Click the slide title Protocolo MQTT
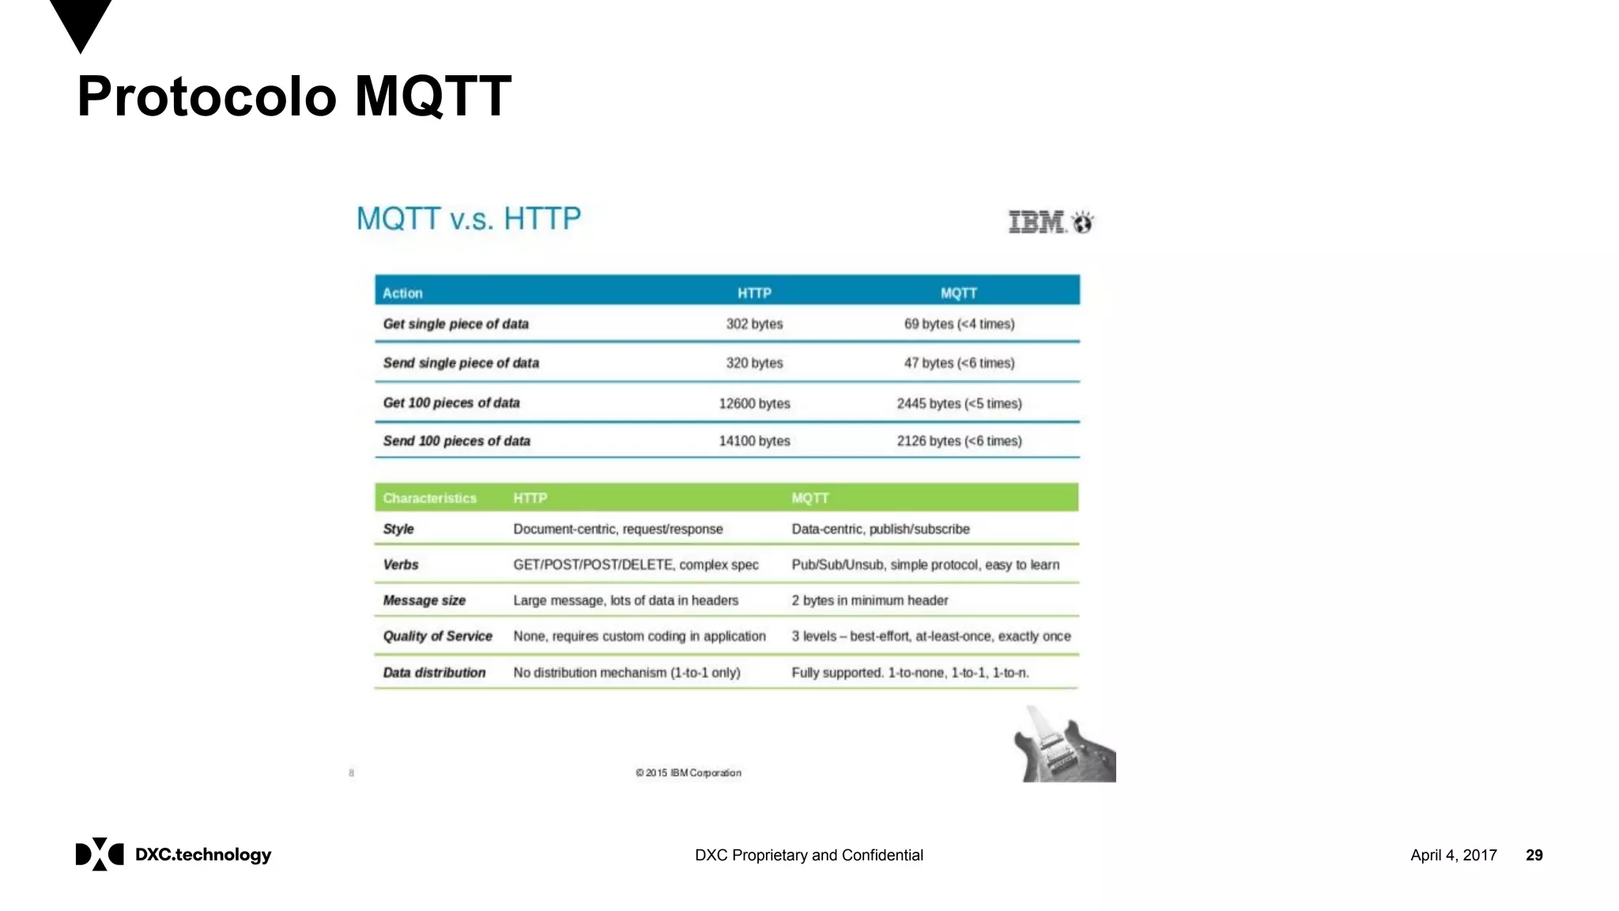294,96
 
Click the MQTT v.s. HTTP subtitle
468,218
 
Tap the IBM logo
1051,222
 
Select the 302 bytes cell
754,324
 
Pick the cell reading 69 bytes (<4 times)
959,324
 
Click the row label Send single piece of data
461,363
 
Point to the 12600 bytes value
754,403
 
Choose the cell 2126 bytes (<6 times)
959,441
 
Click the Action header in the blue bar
402,293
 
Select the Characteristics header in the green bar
429,498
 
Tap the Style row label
398,529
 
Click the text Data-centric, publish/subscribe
881,529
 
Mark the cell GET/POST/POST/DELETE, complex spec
636,565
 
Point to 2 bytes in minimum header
870,600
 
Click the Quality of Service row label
437,636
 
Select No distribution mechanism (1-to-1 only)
627,673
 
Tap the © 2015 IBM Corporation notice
689,773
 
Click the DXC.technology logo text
203,855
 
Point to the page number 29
1534,855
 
